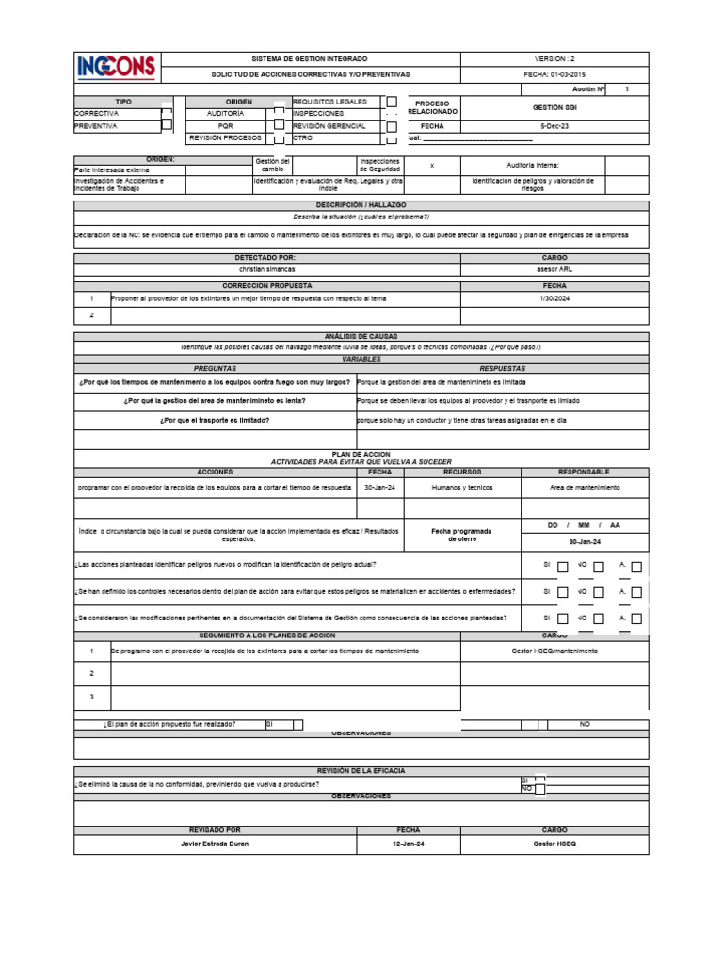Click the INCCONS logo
[118, 67]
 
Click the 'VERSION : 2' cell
[554, 58]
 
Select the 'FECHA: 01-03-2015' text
[554, 73]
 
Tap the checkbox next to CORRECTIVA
[167, 112]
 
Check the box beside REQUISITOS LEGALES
[392, 101]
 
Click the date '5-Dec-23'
[554, 125]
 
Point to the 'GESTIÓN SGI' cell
[554, 107]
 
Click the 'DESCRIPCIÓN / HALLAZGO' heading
[361, 204]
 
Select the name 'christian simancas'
[267, 269]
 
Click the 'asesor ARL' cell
[554, 269]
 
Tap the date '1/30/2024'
[554, 298]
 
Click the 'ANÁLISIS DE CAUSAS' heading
[361, 336]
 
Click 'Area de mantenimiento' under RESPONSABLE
[585, 488]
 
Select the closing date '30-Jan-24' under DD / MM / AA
[585, 542]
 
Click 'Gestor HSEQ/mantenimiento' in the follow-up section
[554, 651]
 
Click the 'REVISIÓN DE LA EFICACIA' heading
[361, 770]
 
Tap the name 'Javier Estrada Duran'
[216, 843]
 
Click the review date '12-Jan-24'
[409, 843]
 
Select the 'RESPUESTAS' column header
[503, 368]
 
